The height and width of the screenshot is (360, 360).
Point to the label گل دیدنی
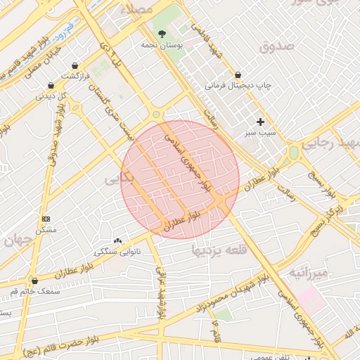(x=51, y=96)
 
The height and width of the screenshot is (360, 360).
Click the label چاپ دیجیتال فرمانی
(x=238, y=85)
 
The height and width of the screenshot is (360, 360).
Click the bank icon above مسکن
(x=46, y=219)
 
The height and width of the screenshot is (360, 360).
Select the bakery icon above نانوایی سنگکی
(x=117, y=240)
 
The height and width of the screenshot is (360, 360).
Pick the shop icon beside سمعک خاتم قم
(x=34, y=280)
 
